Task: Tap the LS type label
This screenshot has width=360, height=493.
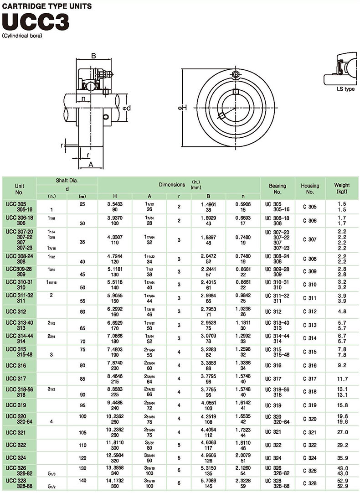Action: [x=345, y=89]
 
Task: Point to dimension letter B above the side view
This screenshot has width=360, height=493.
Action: [x=93, y=56]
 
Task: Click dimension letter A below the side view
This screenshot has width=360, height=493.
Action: [x=91, y=164]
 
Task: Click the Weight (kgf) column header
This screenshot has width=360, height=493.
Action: [x=342, y=187]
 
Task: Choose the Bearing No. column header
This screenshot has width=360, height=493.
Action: [x=277, y=188]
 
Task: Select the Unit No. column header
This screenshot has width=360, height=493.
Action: [x=19, y=188]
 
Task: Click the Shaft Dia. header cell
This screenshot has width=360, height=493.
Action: [x=67, y=181]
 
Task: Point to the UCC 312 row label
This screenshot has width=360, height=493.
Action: [x=15, y=311]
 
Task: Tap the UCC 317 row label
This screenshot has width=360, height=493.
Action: [x=15, y=379]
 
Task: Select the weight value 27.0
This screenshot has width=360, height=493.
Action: [x=343, y=432]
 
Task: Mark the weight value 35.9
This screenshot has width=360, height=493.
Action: [x=343, y=457]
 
